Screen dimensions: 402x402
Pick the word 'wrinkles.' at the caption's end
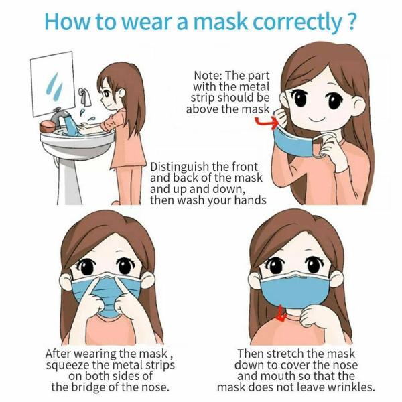pos(350,387)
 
